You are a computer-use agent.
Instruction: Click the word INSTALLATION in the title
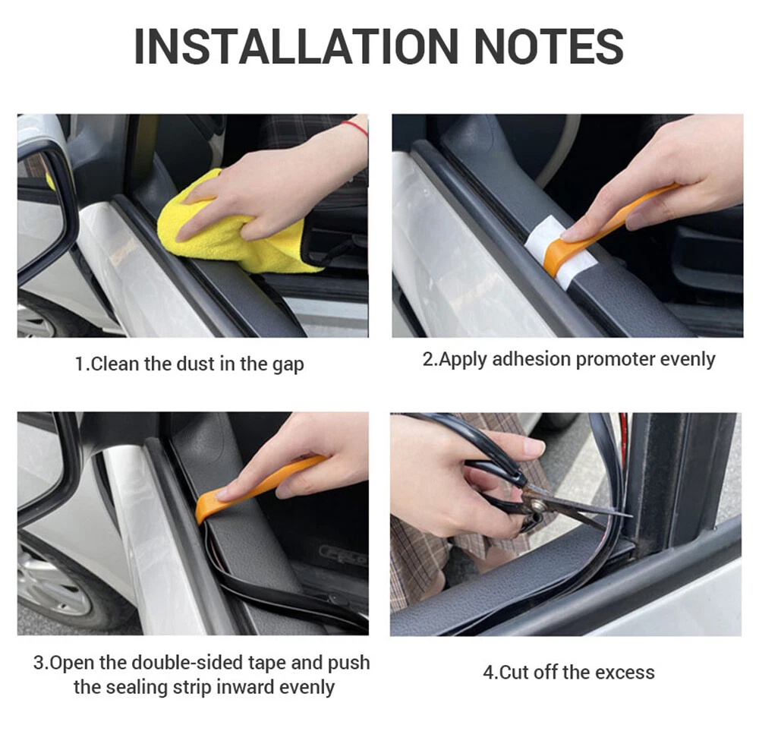click(x=296, y=46)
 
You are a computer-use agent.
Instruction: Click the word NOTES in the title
click(x=549, y=46)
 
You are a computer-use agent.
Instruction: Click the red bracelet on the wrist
click(x=355, y=128)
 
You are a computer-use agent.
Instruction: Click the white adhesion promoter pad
click(x=562, y=252)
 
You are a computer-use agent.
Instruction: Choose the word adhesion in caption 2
click(x=531, y=359)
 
